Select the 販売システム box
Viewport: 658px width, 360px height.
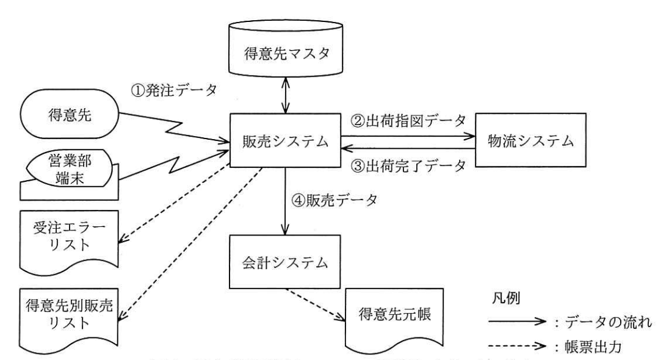coord(284,142)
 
